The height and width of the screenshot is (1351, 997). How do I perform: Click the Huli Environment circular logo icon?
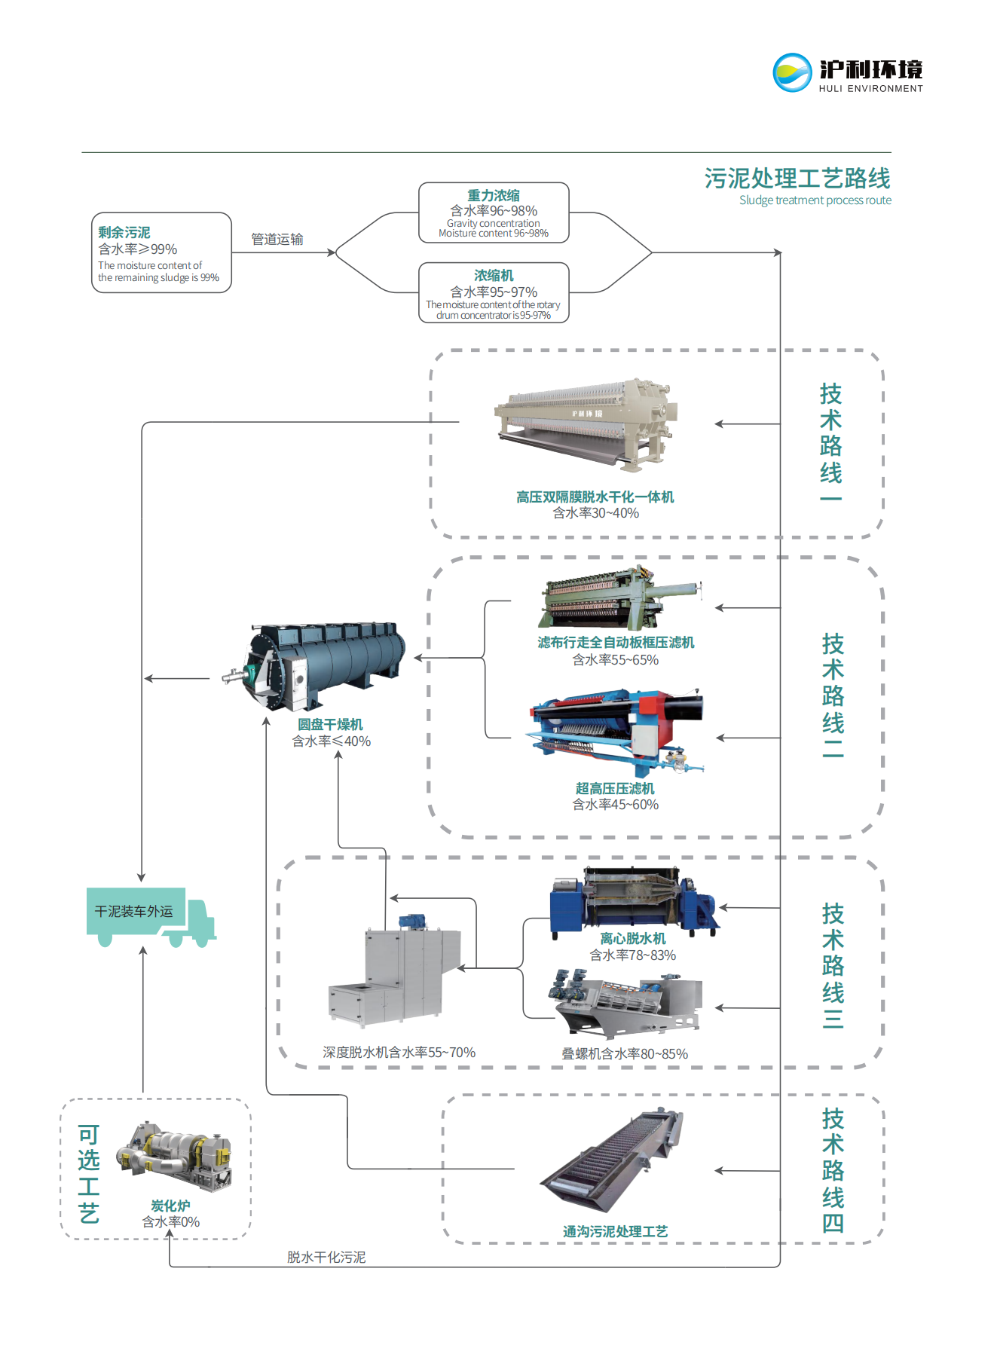coord(792,73)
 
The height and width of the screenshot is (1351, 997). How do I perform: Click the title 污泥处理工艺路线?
coord(797,179)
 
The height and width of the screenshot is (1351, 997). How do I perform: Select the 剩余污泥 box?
coord(161,252)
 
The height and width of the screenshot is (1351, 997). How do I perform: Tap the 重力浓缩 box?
coord(494,213)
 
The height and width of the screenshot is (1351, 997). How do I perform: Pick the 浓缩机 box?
coord(494,293)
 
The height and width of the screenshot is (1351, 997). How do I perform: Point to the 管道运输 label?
coord(277,240)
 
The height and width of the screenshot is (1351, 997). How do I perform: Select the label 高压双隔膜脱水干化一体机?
coord(595,497)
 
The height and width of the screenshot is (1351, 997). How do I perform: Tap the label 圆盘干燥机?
coord(330,725)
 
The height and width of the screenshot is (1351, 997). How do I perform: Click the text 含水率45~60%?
coord(615,805)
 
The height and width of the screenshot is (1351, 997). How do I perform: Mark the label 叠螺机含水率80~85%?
coord(624,1054)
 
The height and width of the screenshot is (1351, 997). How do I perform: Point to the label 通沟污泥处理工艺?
coord(615,1232)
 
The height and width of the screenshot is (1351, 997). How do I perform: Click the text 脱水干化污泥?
coord(326,1258)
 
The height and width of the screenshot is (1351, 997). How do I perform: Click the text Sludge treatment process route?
coord(815,200)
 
